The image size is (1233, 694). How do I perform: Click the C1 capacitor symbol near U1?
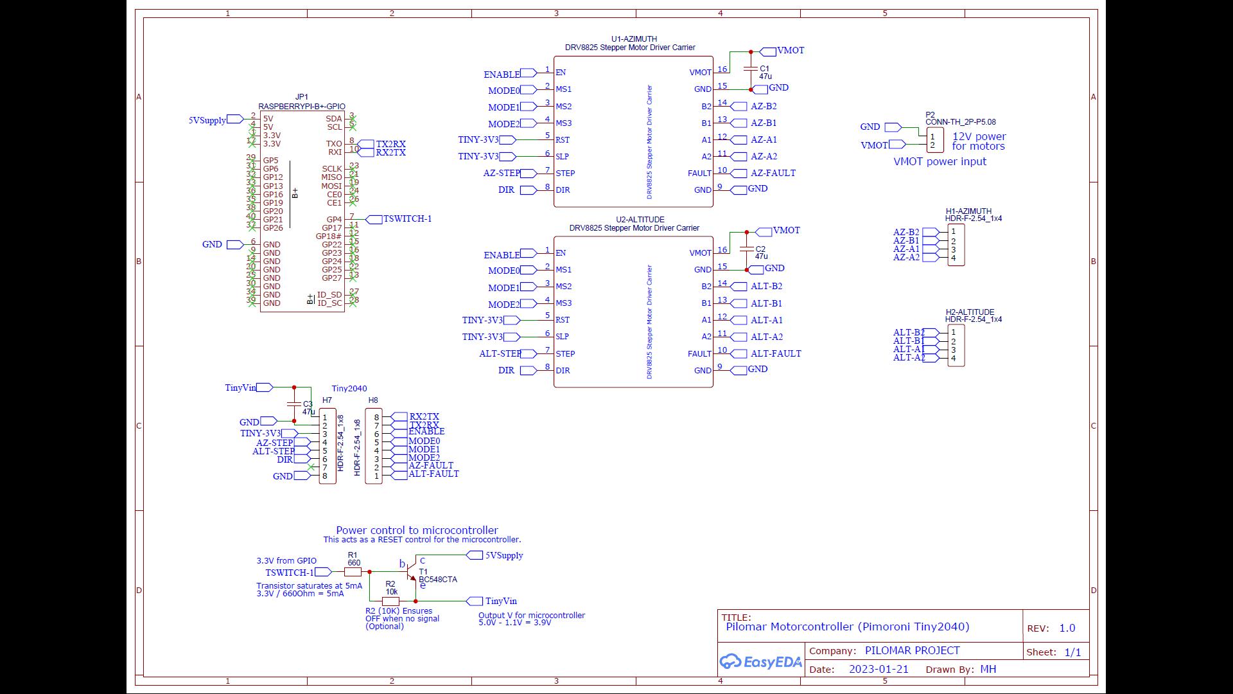(750, 67)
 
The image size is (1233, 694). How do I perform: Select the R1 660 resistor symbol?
(353, 572)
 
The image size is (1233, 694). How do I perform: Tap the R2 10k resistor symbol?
(390, 601)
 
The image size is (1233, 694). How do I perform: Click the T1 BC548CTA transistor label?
(437, 579)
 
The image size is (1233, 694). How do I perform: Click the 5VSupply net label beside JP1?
(207, 120)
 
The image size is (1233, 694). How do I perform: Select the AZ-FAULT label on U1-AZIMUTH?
(773, 173)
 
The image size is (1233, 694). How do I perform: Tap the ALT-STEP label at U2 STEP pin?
(500, 354)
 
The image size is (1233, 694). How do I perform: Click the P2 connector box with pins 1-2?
(934, 140)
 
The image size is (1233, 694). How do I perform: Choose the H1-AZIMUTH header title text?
(968, 211)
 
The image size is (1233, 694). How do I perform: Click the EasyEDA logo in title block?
(761, 662)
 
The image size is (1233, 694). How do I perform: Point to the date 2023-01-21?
(879, 669)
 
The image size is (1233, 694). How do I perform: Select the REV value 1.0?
(1067, 628)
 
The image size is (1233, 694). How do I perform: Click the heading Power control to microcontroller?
(417, 530)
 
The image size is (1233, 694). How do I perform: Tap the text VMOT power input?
(940, 162)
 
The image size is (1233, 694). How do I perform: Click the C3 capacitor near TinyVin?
(293, 404)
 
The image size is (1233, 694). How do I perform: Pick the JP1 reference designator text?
(301, 98)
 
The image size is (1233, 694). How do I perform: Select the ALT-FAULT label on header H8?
(433, 474)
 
